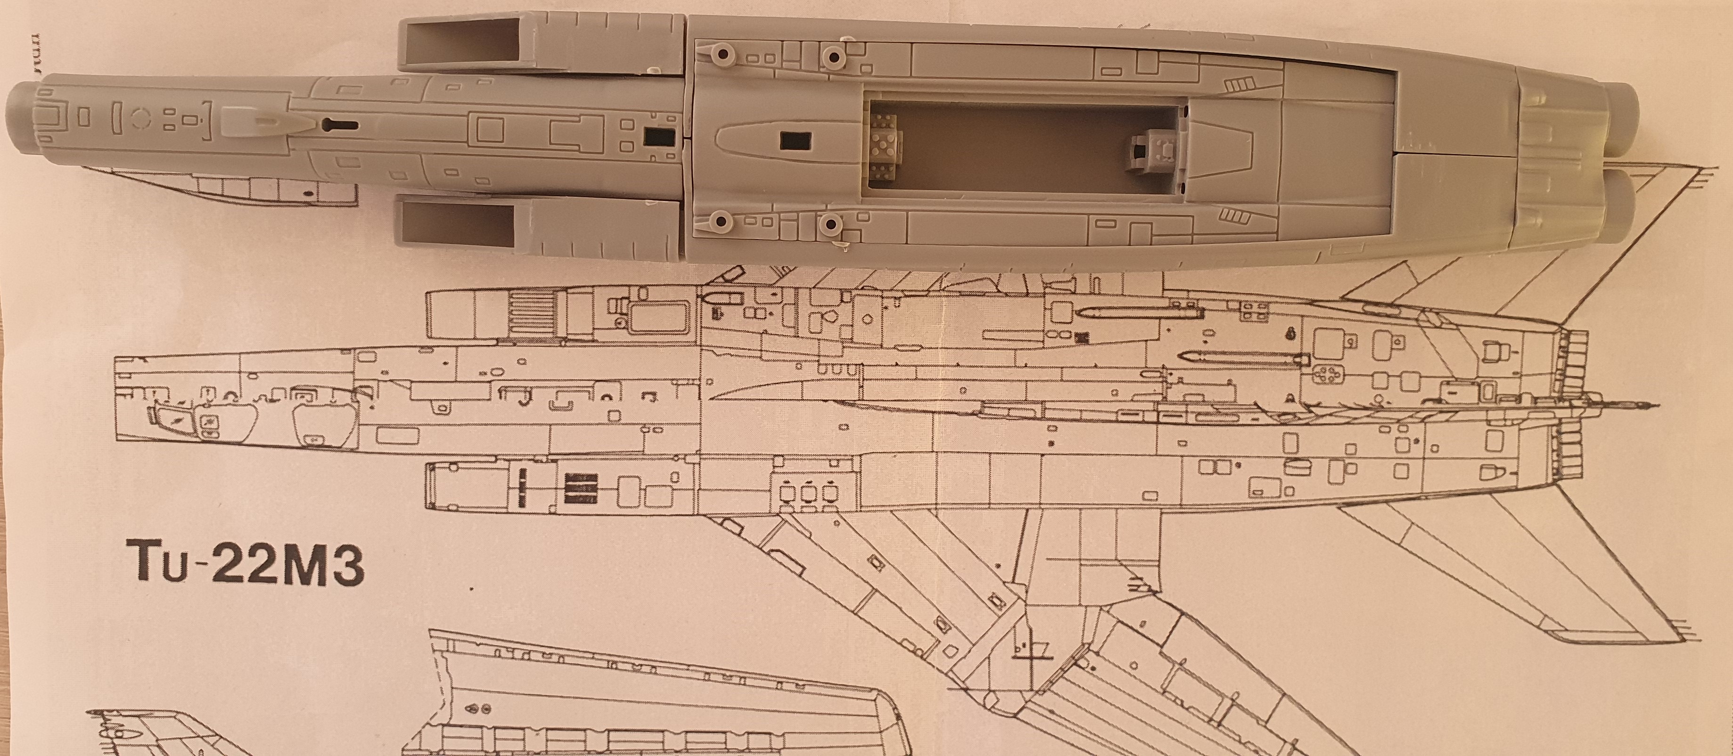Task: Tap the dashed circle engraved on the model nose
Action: [x=140, y=118]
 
